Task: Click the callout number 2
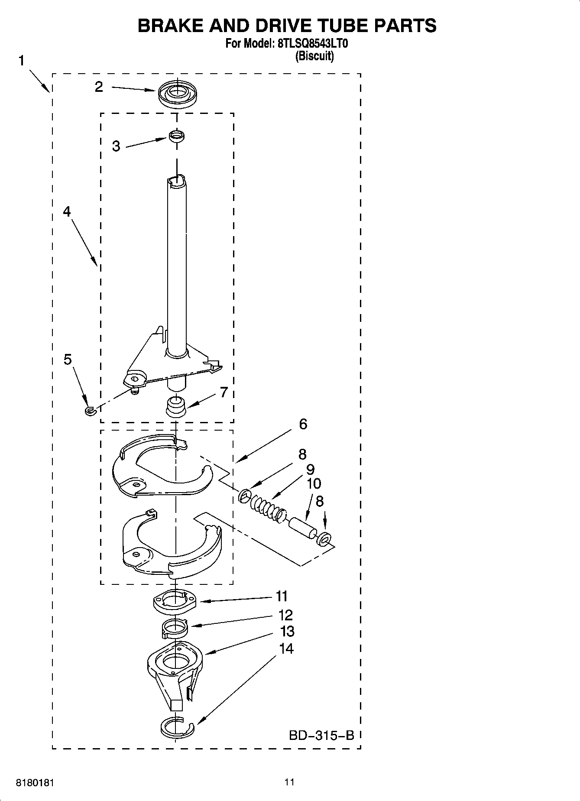99,87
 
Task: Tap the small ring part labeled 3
176,136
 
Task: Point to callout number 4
67,211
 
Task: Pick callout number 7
224,392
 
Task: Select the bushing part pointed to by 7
176,406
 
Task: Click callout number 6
303,424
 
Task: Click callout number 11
282,597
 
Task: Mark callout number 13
287,631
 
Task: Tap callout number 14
286,649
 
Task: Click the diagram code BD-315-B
321,735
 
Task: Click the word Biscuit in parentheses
314,56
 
